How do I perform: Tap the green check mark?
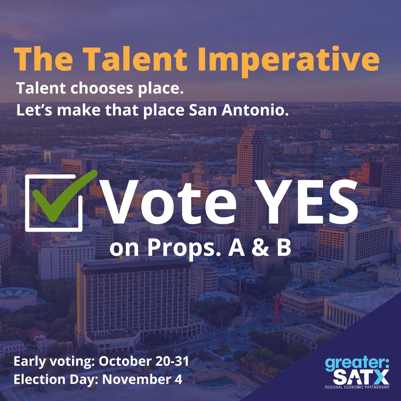(61, 195)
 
